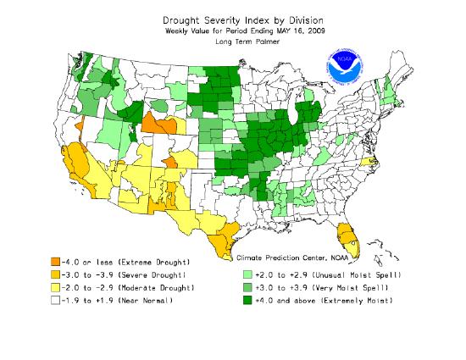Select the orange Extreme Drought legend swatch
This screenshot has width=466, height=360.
click(56, 262)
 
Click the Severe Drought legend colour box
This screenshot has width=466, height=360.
click(56, 275)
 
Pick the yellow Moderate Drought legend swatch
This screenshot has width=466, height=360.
click(56, 288)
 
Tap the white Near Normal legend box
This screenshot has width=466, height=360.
click(56, 301)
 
